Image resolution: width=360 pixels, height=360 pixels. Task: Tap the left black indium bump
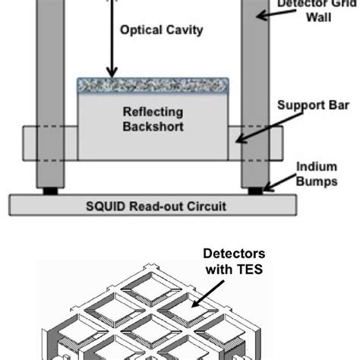click(x=49, y=191)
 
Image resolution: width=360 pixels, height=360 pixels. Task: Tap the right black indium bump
click(x=254, y=191)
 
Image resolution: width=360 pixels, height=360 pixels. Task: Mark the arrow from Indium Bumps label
click(x=279, y=181)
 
